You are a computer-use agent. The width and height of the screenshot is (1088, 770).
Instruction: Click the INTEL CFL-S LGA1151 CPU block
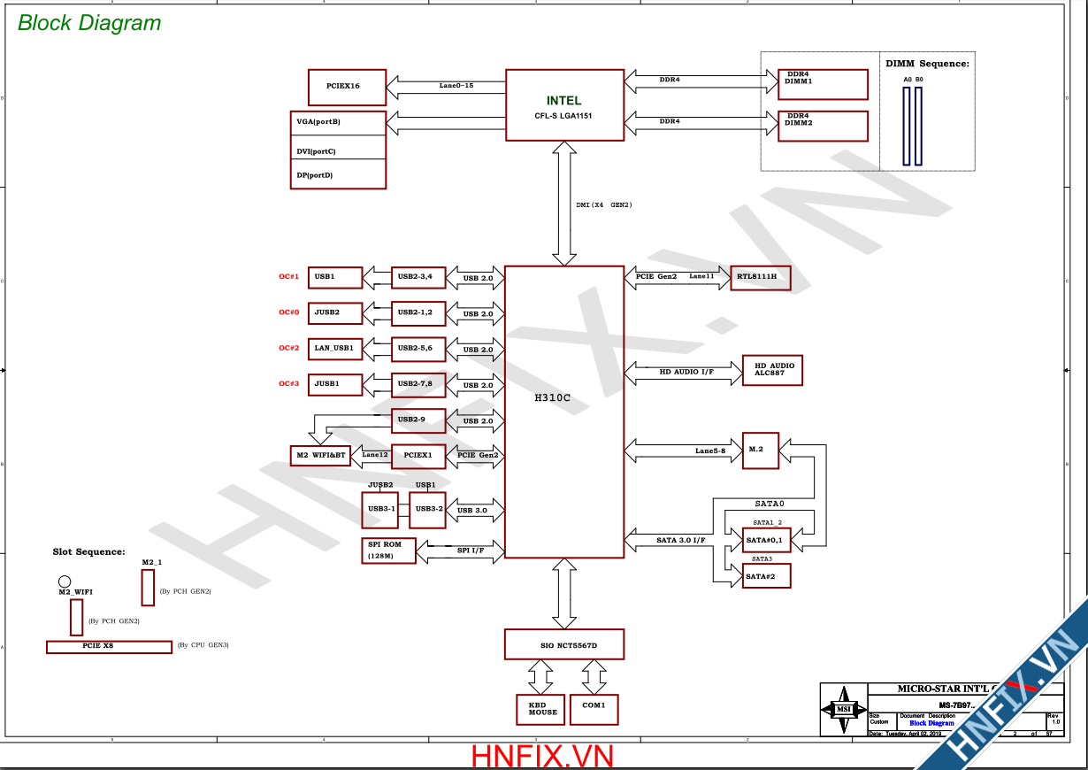(564, 104)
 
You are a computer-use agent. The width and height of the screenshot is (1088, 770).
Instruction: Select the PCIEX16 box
(347, 87)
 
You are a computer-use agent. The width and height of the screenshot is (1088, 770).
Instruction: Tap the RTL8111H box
(760, 278)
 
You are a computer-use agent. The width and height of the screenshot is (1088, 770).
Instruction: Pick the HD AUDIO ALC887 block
(772, 370)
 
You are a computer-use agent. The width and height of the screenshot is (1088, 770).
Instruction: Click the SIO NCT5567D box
(563, 644)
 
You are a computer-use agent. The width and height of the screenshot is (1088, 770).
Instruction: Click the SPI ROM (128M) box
(387, 551)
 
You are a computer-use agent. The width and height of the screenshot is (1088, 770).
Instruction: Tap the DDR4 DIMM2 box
(822, 126)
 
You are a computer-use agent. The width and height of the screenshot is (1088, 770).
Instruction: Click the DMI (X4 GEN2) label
(603, 205)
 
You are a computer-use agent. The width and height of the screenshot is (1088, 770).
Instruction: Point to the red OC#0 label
(288, 312)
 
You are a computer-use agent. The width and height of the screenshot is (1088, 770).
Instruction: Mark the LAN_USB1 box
(335, 349)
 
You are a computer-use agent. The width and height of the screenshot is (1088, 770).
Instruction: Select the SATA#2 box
(766, 576)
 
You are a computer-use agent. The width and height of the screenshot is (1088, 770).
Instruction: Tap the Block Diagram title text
(89, 24)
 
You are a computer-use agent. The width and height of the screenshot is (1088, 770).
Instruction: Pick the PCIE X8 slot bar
(109, 647)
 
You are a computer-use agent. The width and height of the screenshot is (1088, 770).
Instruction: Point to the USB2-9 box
(418, 420)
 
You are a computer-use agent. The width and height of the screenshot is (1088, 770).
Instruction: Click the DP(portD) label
(315, 175)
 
